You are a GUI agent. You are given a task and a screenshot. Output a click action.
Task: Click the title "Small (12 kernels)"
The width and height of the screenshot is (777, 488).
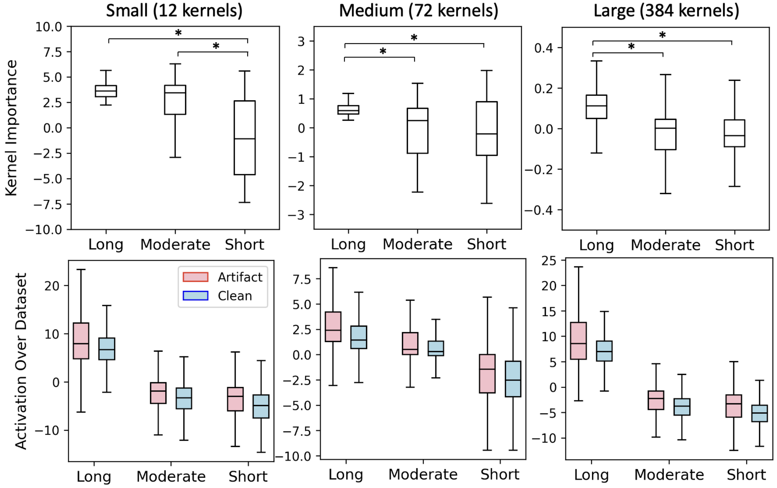pos(174,11)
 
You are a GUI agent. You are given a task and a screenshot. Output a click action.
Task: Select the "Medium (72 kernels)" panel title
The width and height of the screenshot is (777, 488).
pos(418,11)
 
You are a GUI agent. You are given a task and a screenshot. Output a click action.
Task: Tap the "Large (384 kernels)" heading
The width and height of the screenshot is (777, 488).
pos(666,11)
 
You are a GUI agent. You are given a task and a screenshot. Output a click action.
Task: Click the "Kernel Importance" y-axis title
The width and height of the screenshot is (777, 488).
pos(11,128)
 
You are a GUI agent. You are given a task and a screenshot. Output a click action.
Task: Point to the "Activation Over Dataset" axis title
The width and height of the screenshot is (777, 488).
pos(21,361)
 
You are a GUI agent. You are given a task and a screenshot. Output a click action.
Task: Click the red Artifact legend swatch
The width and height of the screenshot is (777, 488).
pos(195,277)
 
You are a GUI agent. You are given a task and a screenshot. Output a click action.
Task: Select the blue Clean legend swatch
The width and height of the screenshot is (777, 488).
pos(195,296)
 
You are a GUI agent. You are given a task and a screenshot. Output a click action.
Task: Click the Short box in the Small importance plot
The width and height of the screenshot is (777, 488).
pos(244,138)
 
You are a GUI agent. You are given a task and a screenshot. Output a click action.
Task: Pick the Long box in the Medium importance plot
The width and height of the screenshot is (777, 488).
pos(348,110)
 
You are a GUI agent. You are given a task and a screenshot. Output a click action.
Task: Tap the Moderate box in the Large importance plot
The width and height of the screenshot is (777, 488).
pos(666,134)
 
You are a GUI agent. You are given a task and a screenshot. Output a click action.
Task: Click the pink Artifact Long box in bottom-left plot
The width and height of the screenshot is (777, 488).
pos(81,340)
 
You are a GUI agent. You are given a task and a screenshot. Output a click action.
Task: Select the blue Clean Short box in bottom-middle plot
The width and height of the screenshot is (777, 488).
pos(513,379)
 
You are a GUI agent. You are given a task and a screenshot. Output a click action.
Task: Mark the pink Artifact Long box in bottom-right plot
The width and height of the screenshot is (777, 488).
pos(578,340)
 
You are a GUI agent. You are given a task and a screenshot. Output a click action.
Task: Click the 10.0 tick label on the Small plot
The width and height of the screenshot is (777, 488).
pos(49,27)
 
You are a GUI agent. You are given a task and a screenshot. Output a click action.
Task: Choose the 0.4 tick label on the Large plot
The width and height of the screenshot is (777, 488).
pos(543,48)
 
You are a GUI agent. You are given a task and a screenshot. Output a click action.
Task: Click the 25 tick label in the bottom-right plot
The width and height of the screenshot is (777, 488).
pos(549,261)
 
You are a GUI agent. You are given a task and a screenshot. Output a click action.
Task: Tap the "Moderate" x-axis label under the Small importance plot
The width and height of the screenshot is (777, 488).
pos(175,245)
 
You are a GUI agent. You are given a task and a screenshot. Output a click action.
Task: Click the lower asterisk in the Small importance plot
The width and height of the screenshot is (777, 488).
pos(216,46)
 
